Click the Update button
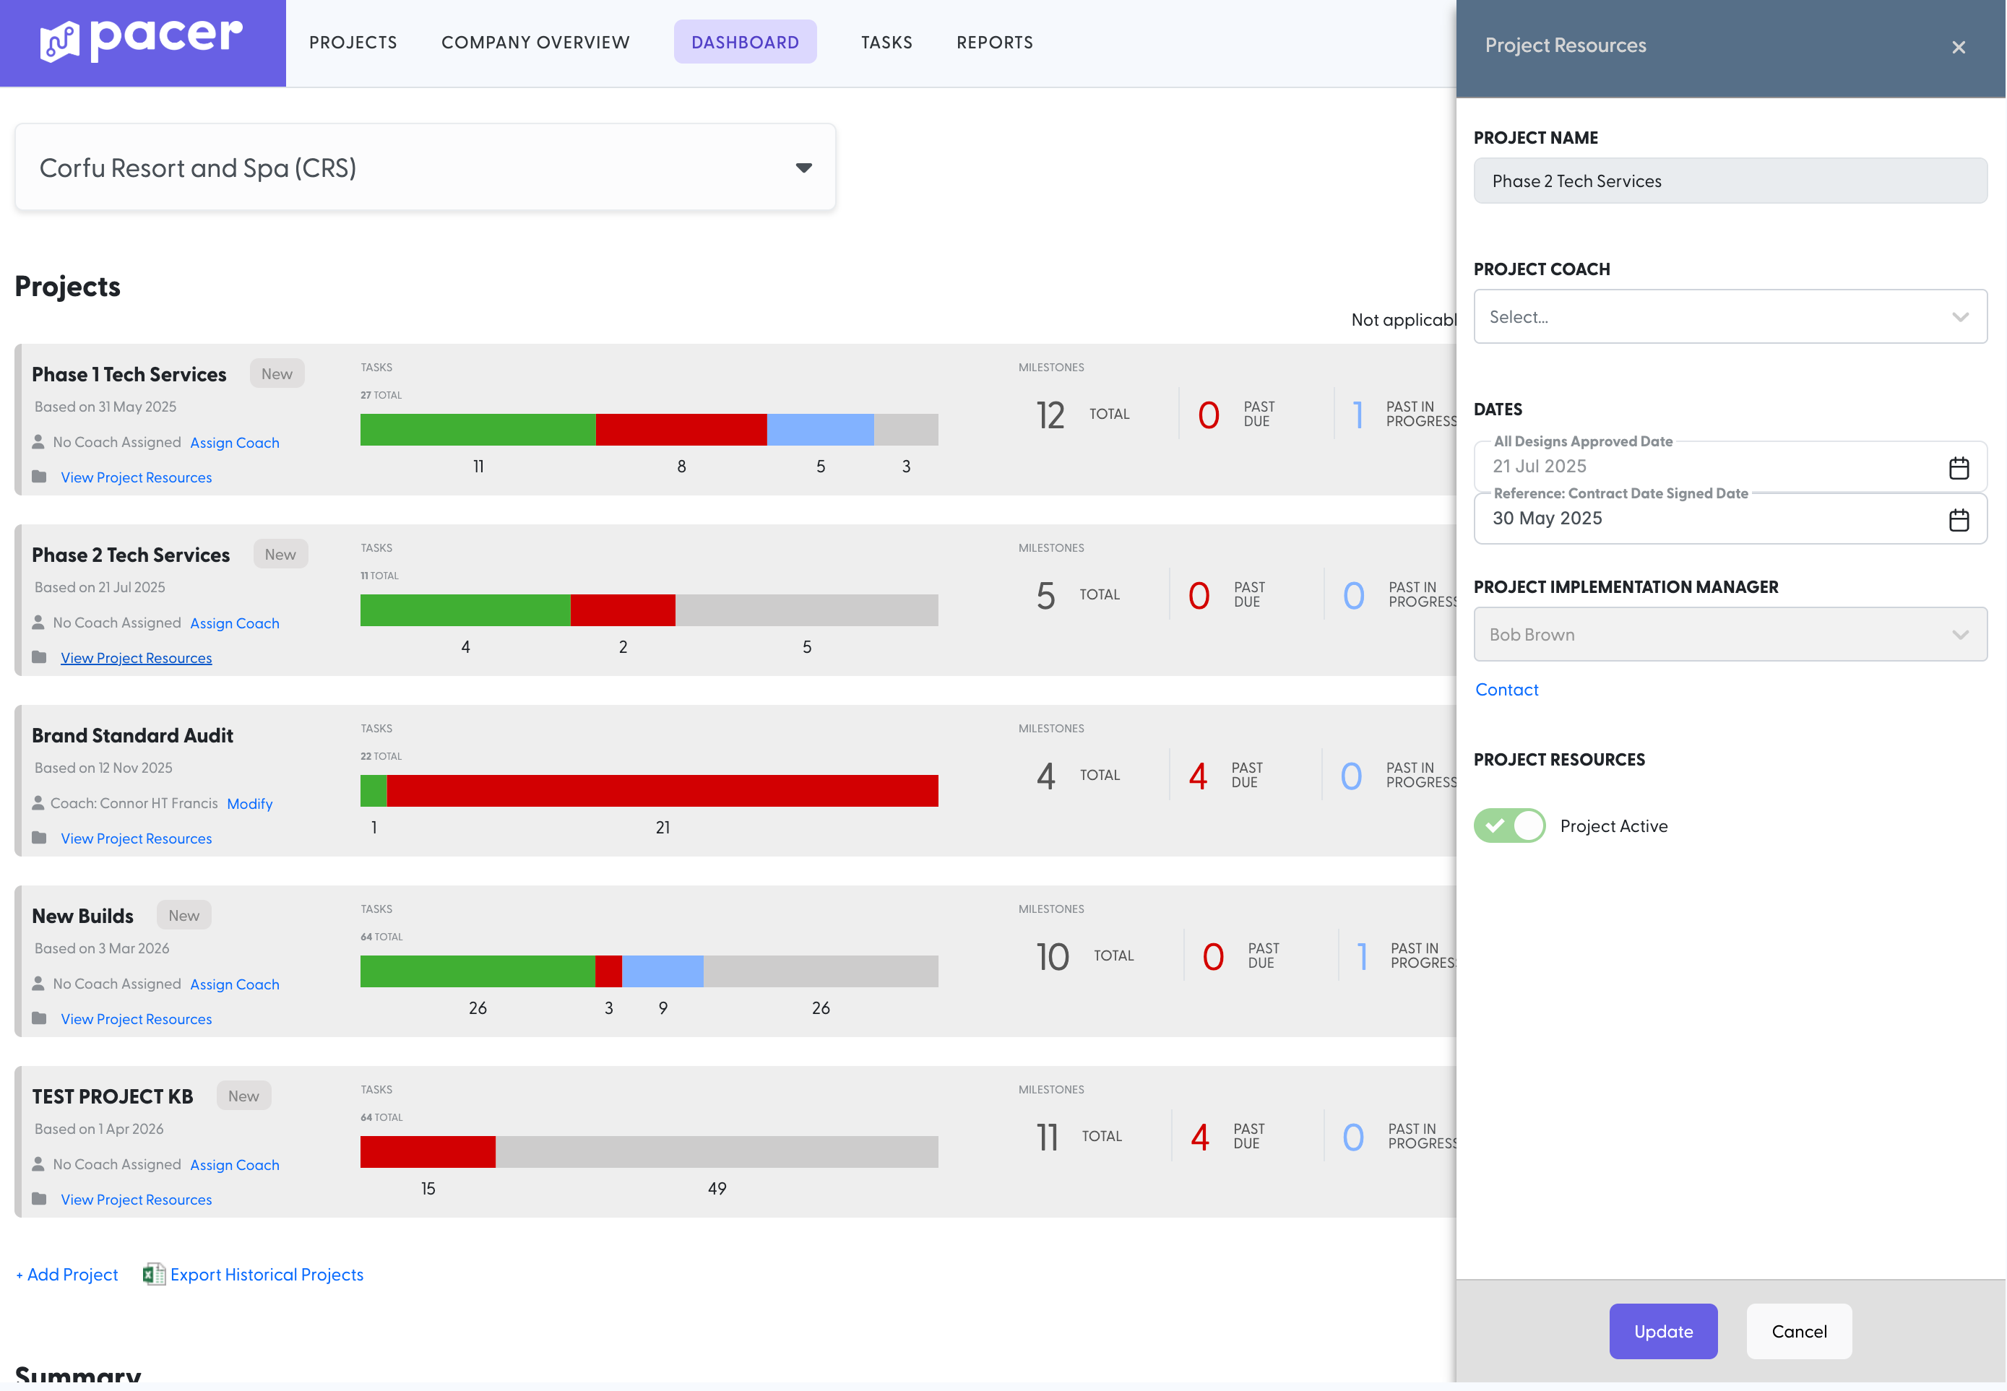pyautogui.click(x=1662, y=1331)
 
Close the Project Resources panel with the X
pyautogui.click(x=1957, y=47)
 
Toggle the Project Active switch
pyautogui.click(x=1509, y=825)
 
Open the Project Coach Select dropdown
pyautogui.click(x=1730, y=316)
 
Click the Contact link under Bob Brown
pyautogui.click(x=1506, y=690)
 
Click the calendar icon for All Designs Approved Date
pyautogui.click(x=1957, y=468)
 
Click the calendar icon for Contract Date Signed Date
pyautogui.click(x=1957, y=520)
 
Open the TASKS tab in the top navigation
pyautogui.click(x=886, y=42)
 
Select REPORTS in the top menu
pyautogui.click(x=994, y=42)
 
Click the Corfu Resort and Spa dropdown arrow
pyautogui.click(x=803, y=168)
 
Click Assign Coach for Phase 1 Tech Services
pyautogui.click(x=235, y=443)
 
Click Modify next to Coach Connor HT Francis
pyautogui.click(x=249, y=804)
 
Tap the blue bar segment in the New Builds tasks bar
pyautogui.click(x=662, y=971)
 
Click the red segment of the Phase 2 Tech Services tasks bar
pyautogui.click(x=623, y=610)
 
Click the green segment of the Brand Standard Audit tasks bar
pyautogui.click(x=374, y=791)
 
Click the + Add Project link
pyautogui.click(x=67, y=1274)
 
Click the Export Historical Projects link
pyautogui.click(x=266, y=1274)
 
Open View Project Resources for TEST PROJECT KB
pyautogui.click(x=136, y=1200)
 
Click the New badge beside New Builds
pyautogui.click(x=183, y=915)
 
